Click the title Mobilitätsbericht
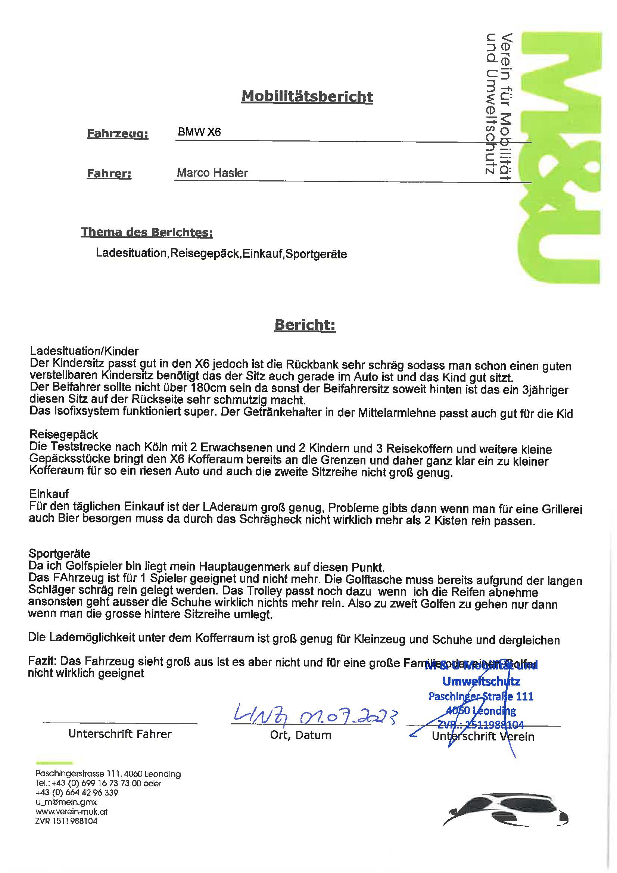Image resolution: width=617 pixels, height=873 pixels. (x=307, y=97)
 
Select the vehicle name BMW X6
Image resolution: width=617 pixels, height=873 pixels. (x=199, y=132)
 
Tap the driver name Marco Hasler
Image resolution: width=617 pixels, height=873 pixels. (x=212, y=173)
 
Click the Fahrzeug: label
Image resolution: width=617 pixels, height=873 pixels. (x=118, y=133)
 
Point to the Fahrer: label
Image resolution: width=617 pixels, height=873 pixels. (x=109, y=174)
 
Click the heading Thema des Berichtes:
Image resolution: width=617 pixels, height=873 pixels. (x=147, y=232)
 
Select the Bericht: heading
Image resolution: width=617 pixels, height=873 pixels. (x=305, y=325)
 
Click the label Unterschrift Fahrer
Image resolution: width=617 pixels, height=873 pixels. (x=120, y=734)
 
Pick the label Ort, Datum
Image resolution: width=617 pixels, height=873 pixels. (x=301, y=735)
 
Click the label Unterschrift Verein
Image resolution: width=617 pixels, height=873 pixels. (x=483, y=736)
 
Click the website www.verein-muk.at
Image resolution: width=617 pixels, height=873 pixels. (x=71, y=811)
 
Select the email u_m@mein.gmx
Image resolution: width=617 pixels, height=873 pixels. (x=66, y=802)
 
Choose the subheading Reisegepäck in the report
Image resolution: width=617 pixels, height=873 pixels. (x=63, y=435)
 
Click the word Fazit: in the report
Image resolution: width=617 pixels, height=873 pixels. (x=43, y=661)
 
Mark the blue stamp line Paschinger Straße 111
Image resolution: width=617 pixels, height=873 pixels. (x=481, y=696)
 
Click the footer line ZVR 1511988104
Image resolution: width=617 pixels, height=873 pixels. (x=66, y=821)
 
